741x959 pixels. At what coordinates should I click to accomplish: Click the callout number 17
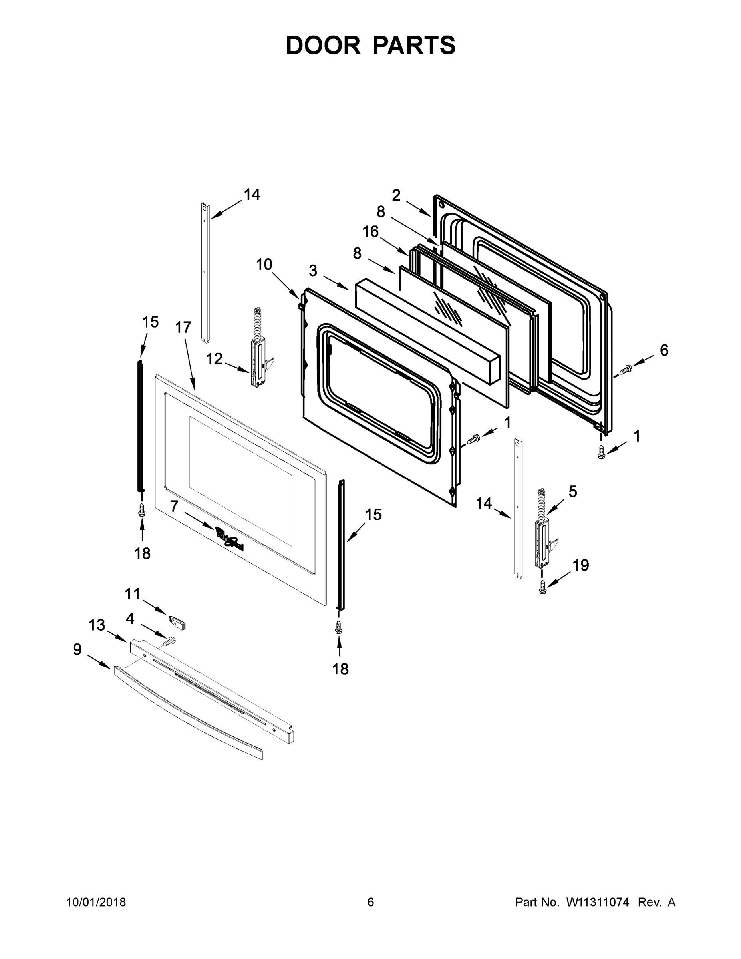[183, 327]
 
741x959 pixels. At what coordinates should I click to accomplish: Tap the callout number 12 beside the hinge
[214, 359]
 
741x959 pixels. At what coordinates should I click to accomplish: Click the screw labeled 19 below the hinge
[543, 587]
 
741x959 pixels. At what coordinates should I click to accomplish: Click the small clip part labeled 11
[177, 622]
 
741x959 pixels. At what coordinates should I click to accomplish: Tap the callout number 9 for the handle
[77, 649]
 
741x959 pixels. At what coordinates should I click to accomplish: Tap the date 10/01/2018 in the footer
[96, 902]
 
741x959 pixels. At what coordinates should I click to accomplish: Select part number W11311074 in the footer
[598, 902]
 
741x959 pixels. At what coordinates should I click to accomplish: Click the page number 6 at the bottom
[371, 902]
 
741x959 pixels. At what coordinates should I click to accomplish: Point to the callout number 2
[396, 195]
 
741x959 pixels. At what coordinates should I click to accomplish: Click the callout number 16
[371, 231]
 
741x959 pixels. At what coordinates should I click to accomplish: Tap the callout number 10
[264, 265]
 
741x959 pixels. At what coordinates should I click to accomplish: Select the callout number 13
[97, 625]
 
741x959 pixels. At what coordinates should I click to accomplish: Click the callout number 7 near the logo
[174, 506]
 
